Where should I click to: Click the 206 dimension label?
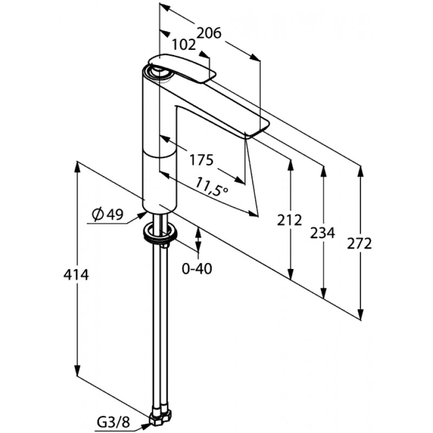[x=209, y=33]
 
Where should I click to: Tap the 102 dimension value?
[x=184, y=44]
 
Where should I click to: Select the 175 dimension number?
[x=201, y=160]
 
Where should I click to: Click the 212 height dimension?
[x=290, y=220]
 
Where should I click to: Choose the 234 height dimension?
[x=322, y=233]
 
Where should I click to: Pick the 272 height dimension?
[x=359, y=244]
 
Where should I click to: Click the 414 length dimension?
[x=76, y=275]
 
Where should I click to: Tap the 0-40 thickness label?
[x=197, y=268]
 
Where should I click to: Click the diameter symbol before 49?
[x=98, y=214]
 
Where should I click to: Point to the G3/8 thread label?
[x=113, y=422]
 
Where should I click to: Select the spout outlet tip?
[x=257, y=128]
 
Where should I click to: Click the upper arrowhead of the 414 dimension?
[x=77, y=168]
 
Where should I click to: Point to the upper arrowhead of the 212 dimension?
[x=290, y=165]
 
